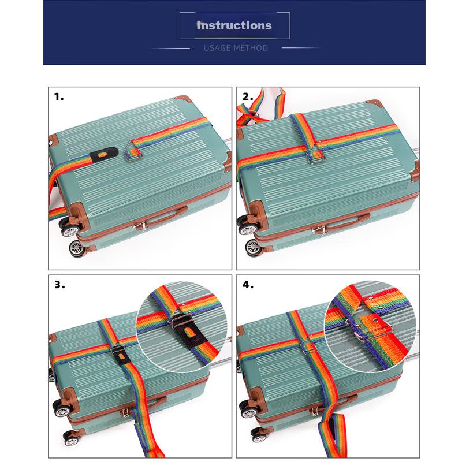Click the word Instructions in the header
(234, 25)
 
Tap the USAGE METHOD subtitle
(236, 48)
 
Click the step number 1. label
(59, 96)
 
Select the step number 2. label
(248, 96)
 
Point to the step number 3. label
(60, 285)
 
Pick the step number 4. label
(248, 285)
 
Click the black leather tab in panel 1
(104, 154)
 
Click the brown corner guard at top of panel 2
(374, 103)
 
